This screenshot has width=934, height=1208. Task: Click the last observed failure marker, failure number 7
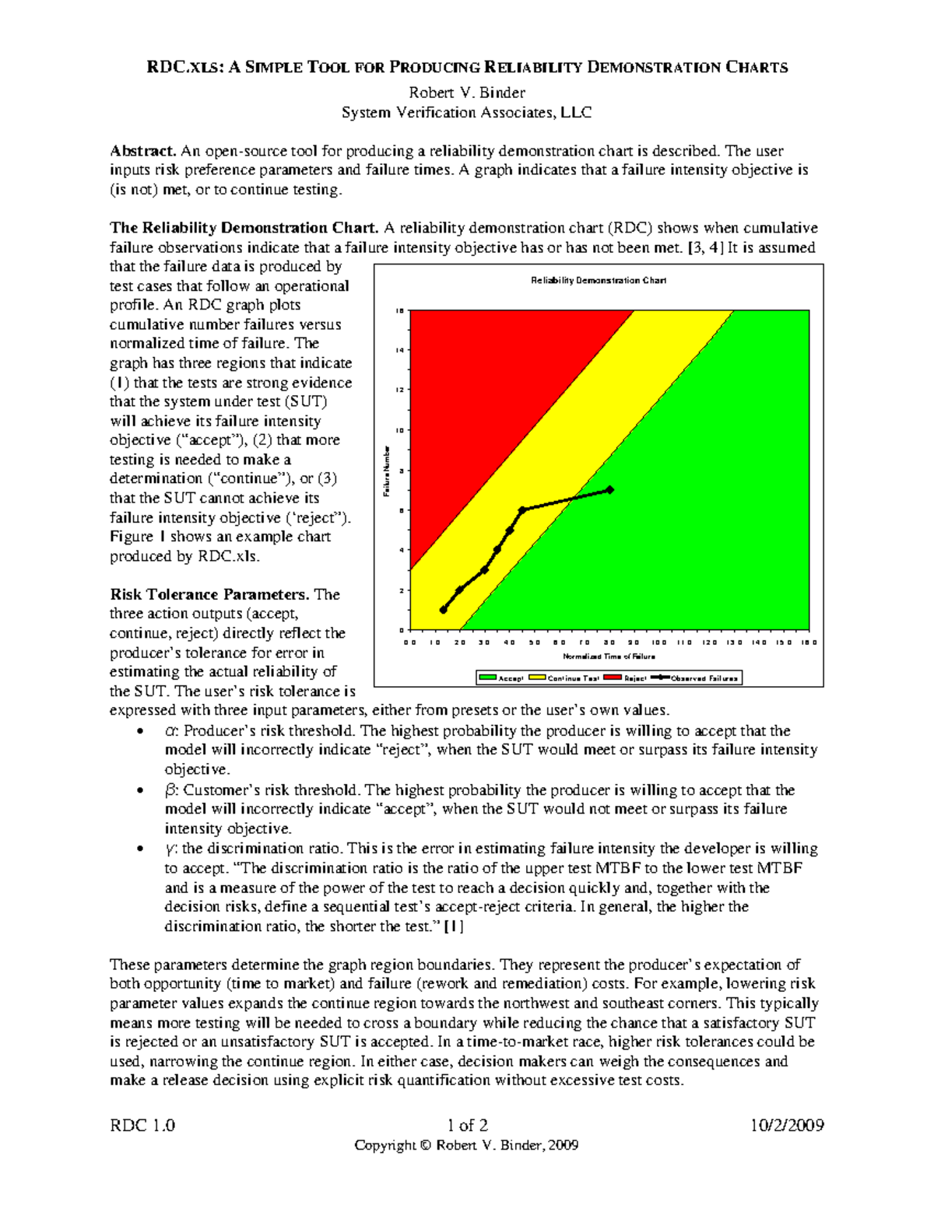[610, 490]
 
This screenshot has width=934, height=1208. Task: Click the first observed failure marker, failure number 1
[444, 610]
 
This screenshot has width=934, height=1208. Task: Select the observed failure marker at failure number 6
[522, 510]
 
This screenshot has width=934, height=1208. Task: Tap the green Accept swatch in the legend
[488, 678]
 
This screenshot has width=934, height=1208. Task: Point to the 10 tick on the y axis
[399, 430]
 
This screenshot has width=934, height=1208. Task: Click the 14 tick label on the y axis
[399, 350]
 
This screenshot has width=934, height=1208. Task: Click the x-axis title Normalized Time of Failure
[609, 657]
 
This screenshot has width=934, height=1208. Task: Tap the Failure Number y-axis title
[385, 471]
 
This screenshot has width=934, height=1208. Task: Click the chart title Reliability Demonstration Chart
[598, 280]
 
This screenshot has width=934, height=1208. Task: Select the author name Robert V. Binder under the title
[467, 93]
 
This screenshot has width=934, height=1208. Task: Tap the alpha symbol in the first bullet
[171, 731]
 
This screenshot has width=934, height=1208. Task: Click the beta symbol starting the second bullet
[171, 790]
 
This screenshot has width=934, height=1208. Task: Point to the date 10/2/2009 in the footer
[787, 1125]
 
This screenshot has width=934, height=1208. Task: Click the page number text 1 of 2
[467, 1125]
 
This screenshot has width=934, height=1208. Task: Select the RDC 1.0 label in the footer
[142, 1125]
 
